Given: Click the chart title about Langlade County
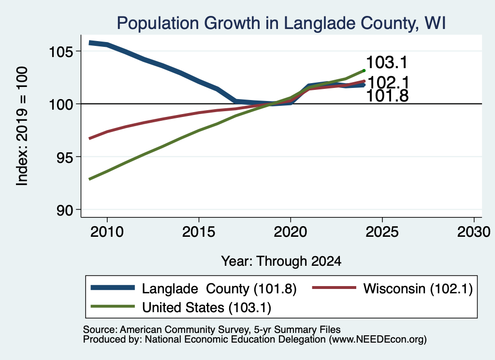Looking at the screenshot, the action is (281, 23).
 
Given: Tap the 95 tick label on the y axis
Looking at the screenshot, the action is (65, 157).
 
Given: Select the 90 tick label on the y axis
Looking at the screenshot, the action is (65, 210).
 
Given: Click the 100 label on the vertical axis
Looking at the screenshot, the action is (61, 104).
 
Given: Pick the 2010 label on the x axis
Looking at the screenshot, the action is (107, 232).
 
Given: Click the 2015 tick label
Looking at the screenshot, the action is (199, 232).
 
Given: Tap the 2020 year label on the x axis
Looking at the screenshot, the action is (291, 232).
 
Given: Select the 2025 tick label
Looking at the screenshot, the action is (382, 232).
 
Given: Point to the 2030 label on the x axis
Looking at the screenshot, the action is (474, 232).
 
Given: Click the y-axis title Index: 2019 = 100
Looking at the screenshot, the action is (22, 126).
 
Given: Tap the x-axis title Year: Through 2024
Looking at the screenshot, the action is (281, 261).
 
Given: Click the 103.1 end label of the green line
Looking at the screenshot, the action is (387, 62).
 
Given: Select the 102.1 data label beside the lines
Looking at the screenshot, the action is (389, 83).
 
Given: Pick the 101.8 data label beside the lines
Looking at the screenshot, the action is (388, 96).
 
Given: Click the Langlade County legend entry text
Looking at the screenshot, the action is (219, 288).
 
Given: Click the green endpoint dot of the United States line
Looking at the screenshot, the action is (364, 71).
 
